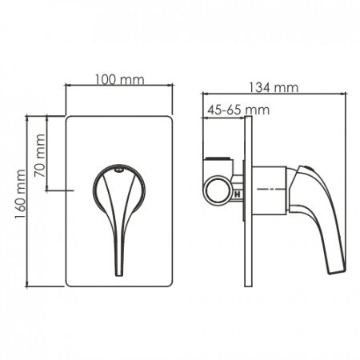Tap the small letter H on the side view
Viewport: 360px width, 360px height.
tap(237, 194)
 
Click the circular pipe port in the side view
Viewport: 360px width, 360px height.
tap(219, 192)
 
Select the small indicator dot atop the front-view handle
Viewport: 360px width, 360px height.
tap(118, 170)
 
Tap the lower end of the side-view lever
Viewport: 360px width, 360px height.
tap(337, 267)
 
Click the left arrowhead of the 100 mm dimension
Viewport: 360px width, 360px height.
tap(68, 88)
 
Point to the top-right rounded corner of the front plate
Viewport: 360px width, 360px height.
tap(169, 120)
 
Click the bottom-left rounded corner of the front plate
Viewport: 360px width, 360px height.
tap(70, 281)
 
